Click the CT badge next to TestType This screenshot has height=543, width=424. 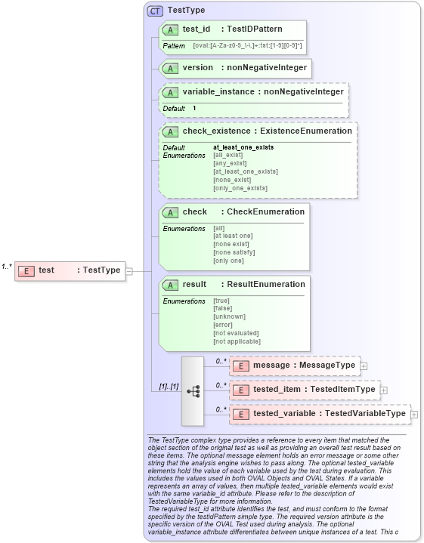coord(155,11)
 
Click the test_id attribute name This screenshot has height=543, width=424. coord(197,29)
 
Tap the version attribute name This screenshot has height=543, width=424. coord(198,67)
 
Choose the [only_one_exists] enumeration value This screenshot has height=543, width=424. coord(240,188)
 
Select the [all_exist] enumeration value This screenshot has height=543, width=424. coord(228,155)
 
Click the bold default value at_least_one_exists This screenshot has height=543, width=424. coord(243,147)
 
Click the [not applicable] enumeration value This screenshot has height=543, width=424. coord(238,341)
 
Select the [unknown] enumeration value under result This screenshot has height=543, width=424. coord(229,316)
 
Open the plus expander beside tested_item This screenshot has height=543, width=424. coord(383,390)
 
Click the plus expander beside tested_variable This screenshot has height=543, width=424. coord(413,414)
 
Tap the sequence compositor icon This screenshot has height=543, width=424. coord(193,390)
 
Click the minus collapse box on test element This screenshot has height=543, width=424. coord(129,270)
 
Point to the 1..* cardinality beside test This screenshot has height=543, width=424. coord(7,266)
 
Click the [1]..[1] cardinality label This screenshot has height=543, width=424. coord(169,387)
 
